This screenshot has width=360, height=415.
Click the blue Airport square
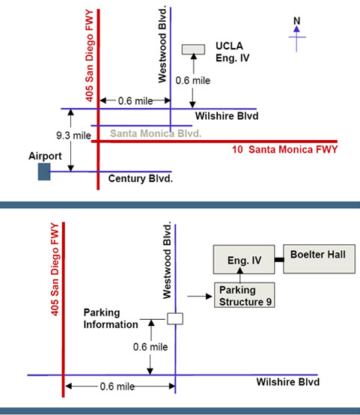(x=44, y=172)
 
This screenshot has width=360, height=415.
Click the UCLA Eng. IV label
(x=233, y=52)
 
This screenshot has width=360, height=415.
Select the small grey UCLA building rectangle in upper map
(x=193, y=49)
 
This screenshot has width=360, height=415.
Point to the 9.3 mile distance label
(x=73, y=136)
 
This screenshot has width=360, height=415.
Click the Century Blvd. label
(x=141, y=178)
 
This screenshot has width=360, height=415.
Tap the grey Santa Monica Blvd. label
(x=156, y=133)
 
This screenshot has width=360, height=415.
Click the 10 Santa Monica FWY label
(x=285, y=150)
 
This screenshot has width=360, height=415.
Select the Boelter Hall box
(x=320, y=259)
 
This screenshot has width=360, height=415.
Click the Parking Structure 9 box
(x=245, y=295)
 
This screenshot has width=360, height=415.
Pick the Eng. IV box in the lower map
(x=244, y=259)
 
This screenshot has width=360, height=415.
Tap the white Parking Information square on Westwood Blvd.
(x=175, y=318)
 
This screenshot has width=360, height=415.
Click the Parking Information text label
(x=111, y=318)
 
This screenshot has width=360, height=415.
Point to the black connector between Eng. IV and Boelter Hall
(x=279, y=260)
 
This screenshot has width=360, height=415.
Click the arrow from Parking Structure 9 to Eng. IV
(x=240, y=275)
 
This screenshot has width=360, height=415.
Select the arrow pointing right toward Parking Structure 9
(x=200, y=296)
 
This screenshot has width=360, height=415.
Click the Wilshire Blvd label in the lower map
(x=288, y=382)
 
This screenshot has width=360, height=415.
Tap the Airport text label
(x=45, y=156)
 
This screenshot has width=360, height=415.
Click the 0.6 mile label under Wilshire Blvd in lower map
(x=118, y=387)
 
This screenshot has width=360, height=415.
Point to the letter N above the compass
(x=297, y=21)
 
